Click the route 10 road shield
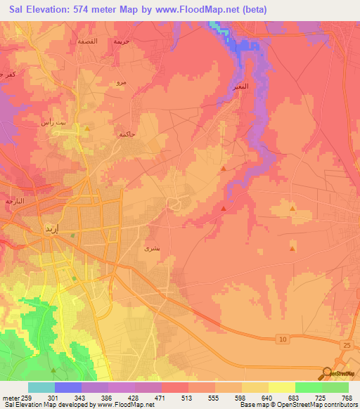283,339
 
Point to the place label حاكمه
127,134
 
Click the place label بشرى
150,248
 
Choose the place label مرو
121,84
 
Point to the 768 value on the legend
347,398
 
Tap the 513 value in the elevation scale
186,398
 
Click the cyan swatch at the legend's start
41,387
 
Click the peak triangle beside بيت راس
86,129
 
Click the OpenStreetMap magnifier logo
326,374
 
